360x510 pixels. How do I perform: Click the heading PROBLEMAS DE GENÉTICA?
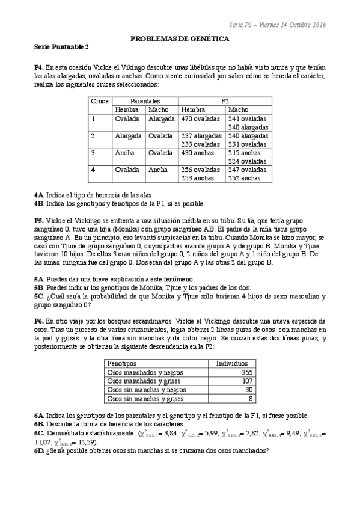coord(180,38)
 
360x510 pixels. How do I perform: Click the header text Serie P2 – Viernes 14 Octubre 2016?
coord(277,25)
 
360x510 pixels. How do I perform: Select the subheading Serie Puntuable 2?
coord(62,47)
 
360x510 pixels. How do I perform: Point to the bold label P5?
coord(40,221)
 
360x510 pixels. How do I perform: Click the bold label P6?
coord(40,322)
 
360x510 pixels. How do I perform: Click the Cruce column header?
coord(100,102)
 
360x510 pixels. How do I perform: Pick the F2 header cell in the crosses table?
coord(225,102)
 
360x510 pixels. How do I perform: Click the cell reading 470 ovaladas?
coord(201,119)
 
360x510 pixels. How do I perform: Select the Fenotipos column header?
coord(121,364)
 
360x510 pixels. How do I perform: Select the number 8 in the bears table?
coord(251,398)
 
